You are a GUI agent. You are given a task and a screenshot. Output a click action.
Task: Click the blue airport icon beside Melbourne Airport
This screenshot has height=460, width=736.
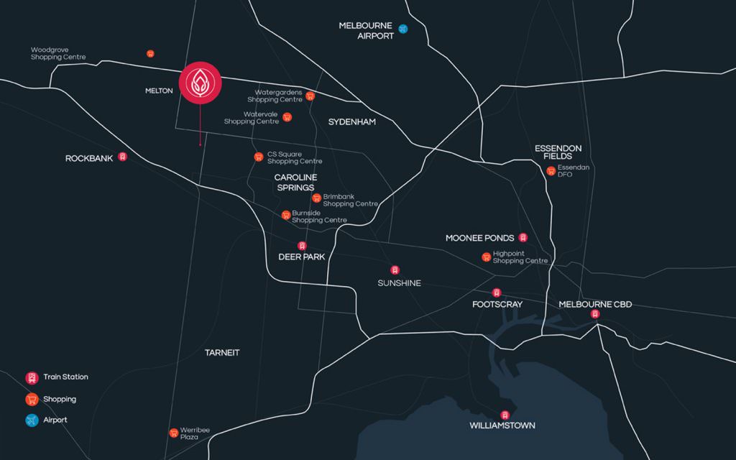403,29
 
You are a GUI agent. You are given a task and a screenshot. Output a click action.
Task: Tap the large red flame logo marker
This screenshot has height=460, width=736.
200,83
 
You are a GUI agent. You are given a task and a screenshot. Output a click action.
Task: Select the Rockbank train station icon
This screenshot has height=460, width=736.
122,157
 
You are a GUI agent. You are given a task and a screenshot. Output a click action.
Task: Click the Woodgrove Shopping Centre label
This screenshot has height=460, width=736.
58,54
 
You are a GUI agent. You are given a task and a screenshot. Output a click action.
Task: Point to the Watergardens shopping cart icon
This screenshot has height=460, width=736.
310,96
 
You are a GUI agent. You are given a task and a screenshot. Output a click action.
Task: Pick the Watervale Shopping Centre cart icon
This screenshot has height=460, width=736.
287,117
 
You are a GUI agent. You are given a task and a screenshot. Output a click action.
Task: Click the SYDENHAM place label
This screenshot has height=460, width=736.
352,122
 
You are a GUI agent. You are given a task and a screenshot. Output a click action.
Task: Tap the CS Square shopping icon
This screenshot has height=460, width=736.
259,157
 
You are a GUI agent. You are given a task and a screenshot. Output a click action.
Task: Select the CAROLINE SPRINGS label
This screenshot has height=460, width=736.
295,182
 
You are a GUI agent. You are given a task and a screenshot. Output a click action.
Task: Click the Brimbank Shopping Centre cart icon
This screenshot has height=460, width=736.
316,198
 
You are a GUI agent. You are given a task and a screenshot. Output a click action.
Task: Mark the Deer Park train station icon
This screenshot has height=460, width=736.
302,246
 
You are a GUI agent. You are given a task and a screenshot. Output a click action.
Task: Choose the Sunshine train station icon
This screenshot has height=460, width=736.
395,270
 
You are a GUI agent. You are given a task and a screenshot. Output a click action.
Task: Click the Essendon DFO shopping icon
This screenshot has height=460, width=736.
551,171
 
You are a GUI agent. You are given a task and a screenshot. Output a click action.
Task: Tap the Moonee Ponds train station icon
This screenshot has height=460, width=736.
523,238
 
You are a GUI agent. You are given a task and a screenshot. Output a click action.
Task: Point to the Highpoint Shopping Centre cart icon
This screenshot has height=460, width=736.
487,257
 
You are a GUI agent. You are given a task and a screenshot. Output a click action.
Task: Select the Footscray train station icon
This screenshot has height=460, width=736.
496,293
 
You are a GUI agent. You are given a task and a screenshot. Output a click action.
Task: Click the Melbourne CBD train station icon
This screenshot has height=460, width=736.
594,314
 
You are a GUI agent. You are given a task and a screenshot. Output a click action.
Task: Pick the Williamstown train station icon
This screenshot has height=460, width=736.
505,415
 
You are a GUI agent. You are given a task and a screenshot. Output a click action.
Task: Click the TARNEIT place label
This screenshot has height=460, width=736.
222,353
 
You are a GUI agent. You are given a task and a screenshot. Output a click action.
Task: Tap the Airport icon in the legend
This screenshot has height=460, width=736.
32,420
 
